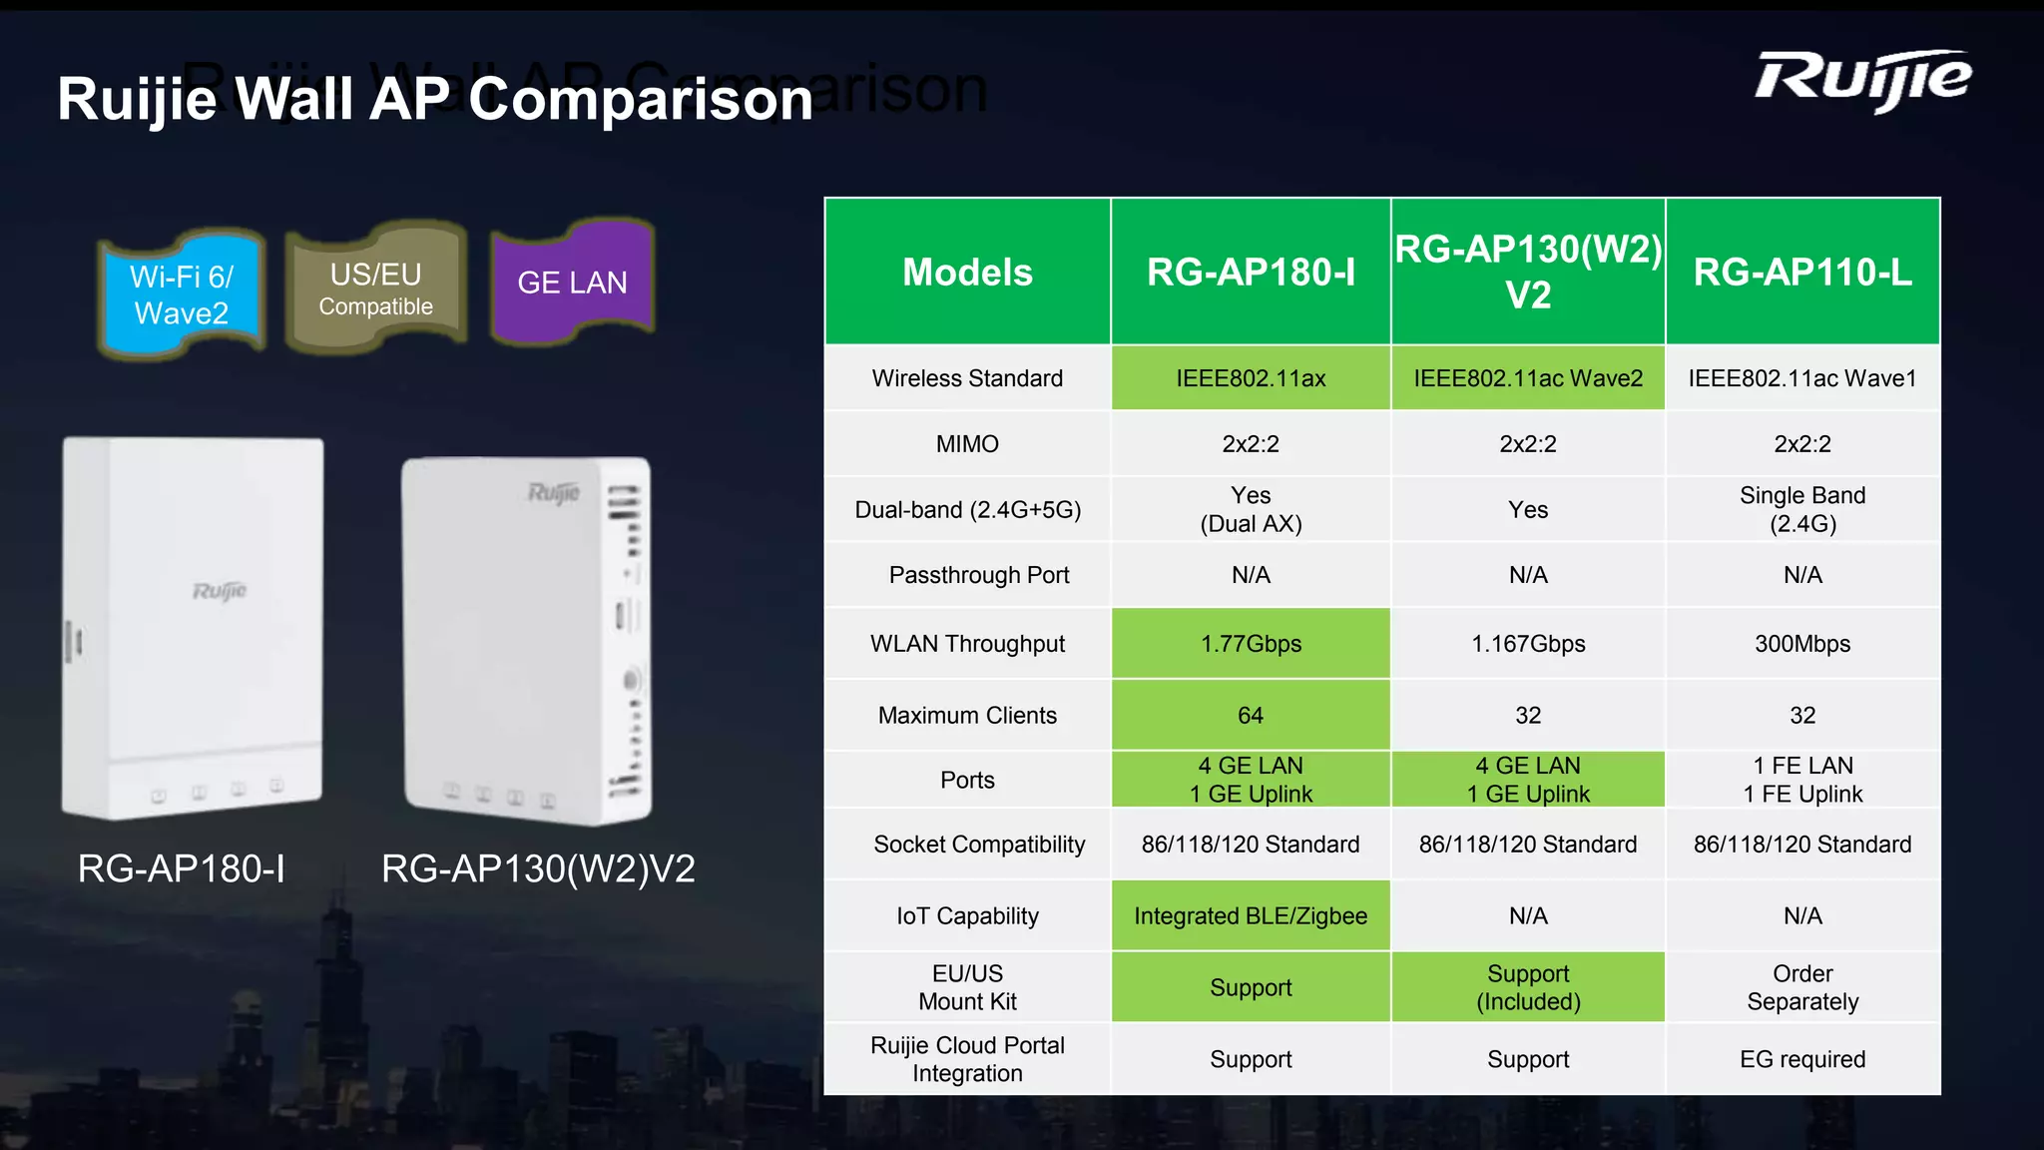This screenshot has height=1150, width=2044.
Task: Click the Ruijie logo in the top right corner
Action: (1862, 80)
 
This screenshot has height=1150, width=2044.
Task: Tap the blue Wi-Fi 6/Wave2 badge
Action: (182, 294)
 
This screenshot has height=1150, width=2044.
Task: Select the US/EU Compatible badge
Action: (376, 288)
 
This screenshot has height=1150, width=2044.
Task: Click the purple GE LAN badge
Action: (572, 283)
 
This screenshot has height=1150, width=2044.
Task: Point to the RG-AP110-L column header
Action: (1802, 272)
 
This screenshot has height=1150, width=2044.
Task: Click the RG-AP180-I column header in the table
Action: (1251, 272)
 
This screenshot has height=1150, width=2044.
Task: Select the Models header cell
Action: (967, 272)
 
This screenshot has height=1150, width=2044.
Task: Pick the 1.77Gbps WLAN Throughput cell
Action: (1251, 644)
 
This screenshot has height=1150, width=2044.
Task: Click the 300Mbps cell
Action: (1802, 644)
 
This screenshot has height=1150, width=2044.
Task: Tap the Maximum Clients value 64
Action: (1251, 716)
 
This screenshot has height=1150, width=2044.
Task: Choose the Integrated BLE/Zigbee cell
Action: (1251, 916)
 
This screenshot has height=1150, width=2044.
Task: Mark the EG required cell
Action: (1802, 1059)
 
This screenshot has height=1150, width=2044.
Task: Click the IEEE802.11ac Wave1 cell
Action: (1802, 378)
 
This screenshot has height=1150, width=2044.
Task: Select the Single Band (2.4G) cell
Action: (1802, 510)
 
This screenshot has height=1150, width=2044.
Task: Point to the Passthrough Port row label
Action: (978, 575)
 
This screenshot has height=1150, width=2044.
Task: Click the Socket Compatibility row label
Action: (978, 845)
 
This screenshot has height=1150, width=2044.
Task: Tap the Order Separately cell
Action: (1802, 987)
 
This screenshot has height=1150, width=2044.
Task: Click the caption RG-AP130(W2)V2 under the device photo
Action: (538, 869)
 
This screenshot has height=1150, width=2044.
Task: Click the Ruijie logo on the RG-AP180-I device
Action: (220, 591)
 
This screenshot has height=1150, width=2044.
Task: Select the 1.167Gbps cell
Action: (1528, 644)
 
